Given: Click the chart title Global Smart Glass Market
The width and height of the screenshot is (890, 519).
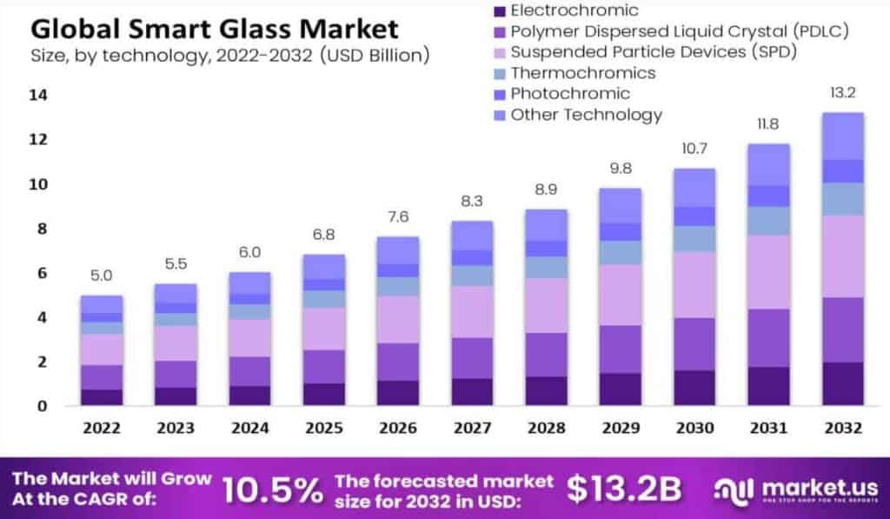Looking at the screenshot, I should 215,29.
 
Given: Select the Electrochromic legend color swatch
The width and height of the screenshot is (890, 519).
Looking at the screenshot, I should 498,11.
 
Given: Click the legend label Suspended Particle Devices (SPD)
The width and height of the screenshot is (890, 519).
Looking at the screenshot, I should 654,52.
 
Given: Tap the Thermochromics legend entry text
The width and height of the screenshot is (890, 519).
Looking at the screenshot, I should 582,73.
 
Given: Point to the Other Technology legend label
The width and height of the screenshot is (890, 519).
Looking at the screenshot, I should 586,115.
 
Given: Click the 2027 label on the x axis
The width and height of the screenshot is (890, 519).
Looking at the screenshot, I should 472,429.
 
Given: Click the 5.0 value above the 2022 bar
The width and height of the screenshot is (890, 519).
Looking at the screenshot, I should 103,276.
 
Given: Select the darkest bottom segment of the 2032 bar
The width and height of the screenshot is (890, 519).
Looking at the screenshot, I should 842,383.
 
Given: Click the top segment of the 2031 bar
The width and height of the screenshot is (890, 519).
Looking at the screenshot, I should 769,164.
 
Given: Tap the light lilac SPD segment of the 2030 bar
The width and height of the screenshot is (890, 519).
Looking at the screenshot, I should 695,284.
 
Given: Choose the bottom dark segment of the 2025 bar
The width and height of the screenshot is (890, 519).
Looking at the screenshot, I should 323,394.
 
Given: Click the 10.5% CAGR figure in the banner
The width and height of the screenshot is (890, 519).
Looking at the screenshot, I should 273,490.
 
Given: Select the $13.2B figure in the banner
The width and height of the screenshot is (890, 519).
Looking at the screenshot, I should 624,489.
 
